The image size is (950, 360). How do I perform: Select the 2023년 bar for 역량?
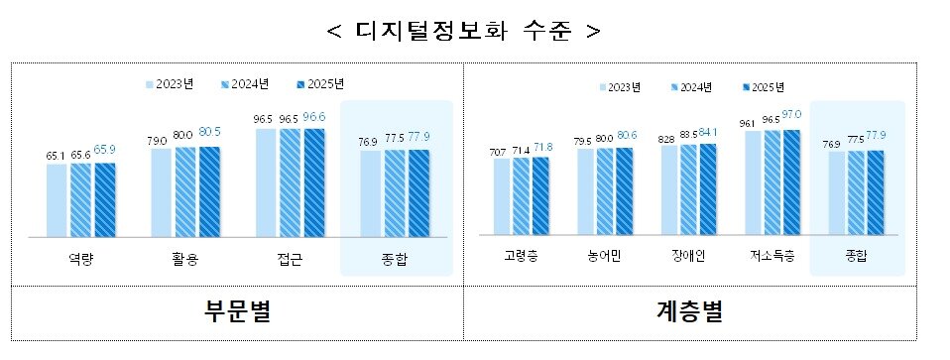tap(57, 200)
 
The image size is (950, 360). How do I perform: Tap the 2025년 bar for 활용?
tap(210, 191)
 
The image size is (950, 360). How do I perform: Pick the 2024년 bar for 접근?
tap(290, 182)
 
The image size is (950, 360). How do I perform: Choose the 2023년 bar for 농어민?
tap(585, 191)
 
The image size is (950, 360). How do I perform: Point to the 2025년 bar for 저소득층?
tap(791, 182)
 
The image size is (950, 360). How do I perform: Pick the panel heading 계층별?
tap(690, 313)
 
